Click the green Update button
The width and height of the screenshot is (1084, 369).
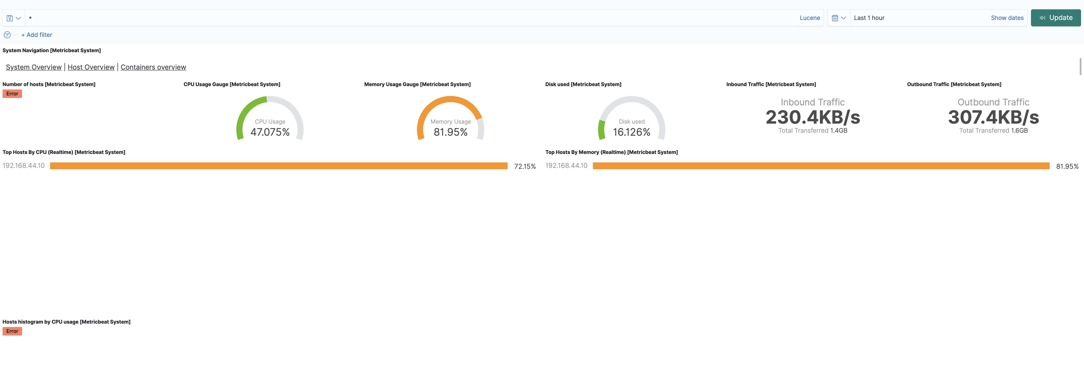1055,18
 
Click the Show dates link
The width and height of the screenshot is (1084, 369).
1007,18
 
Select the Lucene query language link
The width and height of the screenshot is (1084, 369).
810,18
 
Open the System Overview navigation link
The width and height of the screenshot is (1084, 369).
34,67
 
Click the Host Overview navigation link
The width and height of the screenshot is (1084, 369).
91,67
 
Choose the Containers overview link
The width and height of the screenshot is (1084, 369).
153,67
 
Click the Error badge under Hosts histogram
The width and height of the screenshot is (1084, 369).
12,331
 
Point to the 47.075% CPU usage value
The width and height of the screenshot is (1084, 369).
270,132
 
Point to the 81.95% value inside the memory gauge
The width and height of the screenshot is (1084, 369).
450,132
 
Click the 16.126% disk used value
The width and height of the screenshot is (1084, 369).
631,132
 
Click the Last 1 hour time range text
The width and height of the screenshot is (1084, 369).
869,18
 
